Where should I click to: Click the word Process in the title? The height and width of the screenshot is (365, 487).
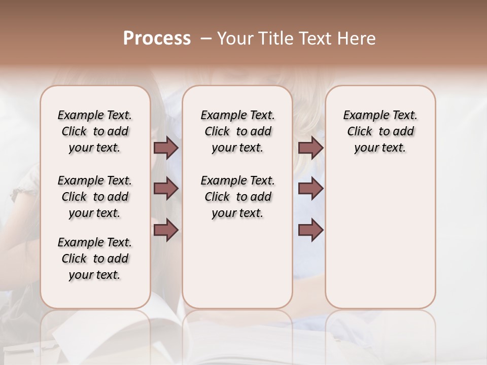tap(157, 38)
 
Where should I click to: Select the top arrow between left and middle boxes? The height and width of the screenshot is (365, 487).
tap(166, 148)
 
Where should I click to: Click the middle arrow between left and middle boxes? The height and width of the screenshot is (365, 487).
tap(166, 189)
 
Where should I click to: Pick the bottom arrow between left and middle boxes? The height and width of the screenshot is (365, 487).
tap(166, 230)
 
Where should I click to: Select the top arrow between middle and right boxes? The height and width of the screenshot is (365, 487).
tap(310, 148)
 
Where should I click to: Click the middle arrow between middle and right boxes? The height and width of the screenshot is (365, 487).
tap(310, 189)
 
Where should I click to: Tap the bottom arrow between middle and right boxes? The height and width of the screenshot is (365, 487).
tap(310, 230)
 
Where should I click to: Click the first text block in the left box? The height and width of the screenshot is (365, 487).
tap(95, 131)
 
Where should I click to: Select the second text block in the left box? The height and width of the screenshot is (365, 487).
tap(95, 197)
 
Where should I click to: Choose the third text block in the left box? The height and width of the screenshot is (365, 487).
tap(95, 259)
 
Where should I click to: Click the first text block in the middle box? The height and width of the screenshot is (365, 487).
tap(237, 131)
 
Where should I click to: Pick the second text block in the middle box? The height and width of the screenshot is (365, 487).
tap(237, 197)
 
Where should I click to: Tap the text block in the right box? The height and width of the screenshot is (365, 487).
tap(380, 131)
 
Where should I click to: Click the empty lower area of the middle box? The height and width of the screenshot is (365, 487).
tap(237, 264)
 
